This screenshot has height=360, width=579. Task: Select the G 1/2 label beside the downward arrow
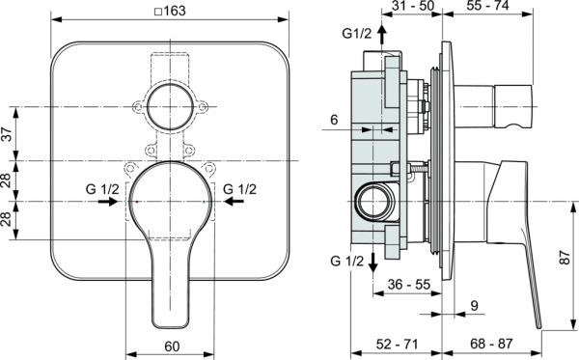tap(348, 262)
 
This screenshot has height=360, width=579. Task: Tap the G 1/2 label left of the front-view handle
tap(102, 188)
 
